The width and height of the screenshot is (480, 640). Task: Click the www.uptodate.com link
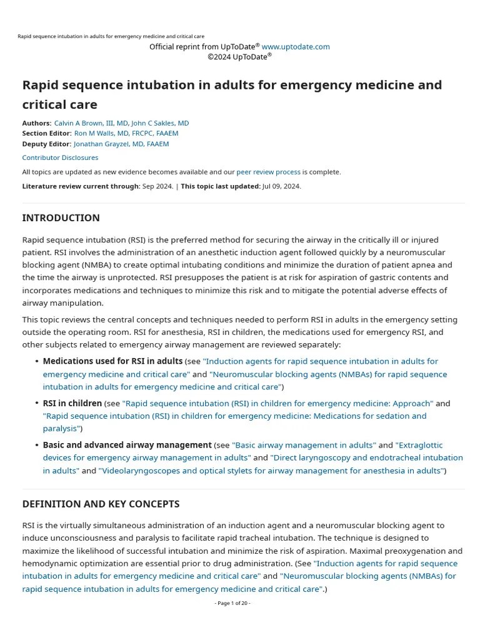[296, 47]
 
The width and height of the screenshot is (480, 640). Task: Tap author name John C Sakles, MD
[160, 123]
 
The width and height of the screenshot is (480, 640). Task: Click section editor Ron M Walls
[126, 133]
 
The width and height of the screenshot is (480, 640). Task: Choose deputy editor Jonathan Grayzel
[121, 144]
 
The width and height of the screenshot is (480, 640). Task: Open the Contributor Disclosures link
[60, 157]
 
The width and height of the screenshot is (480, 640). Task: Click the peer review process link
[268, 172]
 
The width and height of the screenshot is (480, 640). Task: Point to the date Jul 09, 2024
[281, 186]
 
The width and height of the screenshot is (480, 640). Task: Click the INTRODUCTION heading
[61, 218]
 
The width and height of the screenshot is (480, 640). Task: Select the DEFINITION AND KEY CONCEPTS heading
[101, 504]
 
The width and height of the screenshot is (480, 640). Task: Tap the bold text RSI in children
[72, 403]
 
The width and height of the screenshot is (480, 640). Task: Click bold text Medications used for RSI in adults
[112, 361]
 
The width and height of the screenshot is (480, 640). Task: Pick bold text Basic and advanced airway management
[127, 445]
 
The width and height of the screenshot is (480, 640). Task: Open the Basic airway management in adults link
[304, 445]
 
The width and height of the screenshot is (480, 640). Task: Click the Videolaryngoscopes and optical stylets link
[271, 471]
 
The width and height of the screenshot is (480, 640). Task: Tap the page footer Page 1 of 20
[232, 603]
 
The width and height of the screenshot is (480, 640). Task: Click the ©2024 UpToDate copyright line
[239, 57]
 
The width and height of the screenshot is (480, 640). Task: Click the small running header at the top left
[111, 36]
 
